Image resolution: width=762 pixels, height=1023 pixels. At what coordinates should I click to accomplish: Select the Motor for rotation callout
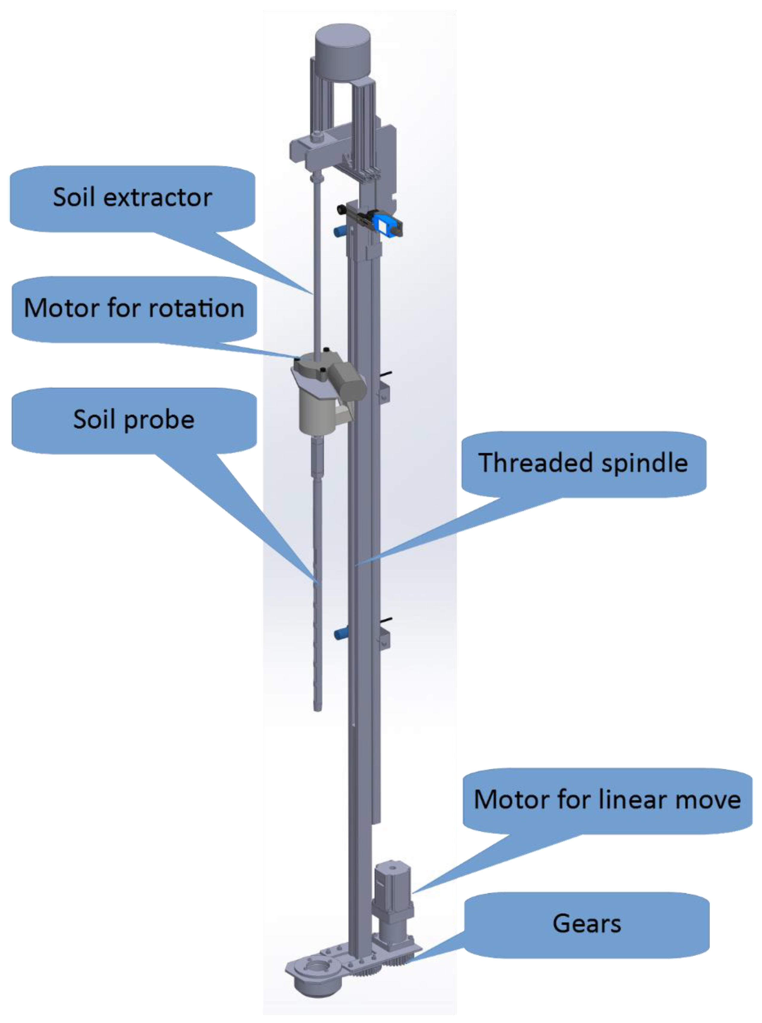point(134,308)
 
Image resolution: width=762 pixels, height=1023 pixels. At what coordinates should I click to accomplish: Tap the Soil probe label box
point(134,419)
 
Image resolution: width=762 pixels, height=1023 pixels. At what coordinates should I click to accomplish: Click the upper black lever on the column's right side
point(387,373)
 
